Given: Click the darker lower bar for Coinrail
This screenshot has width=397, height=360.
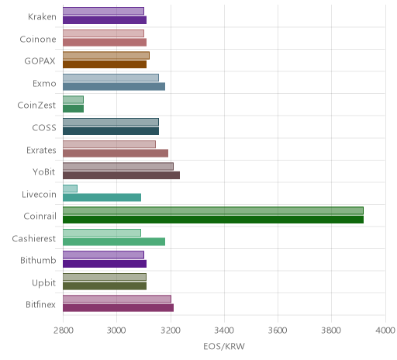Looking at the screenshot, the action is coord(213,220).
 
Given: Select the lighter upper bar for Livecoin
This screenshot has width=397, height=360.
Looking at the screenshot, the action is coord(70,189).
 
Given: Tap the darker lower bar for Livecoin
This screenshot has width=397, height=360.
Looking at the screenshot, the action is coord(102,198).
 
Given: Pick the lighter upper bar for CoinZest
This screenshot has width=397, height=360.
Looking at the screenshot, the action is coord(73,100).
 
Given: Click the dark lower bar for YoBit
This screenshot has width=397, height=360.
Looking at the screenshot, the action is coord(122,175).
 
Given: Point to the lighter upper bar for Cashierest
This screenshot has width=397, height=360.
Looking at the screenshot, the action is coord(102,233).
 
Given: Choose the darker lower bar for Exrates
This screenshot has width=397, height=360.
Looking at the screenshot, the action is coord(116,153).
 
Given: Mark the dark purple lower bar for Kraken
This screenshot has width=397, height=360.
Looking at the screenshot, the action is coord(105,20).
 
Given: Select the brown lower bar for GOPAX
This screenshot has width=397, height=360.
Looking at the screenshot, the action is coord(105,64).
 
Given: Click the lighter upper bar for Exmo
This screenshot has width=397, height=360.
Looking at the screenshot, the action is coord(111,78).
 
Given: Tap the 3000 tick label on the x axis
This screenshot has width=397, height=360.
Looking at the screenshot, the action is coord(116,331).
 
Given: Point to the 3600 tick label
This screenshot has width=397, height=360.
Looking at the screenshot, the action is coord(278,331).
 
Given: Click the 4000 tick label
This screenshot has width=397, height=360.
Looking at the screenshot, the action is coord(385,331).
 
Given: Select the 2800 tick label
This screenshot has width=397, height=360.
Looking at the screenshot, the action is coord(63,331).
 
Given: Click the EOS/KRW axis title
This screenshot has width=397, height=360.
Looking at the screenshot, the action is coord(224,346).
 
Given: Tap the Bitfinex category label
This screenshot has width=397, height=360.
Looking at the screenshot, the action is coord(40,305).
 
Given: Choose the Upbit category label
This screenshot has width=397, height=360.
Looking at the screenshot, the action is coord(43,282).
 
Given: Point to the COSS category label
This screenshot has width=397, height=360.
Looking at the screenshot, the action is coord(44,128).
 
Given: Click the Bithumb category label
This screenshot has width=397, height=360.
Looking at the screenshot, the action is coord(38,260).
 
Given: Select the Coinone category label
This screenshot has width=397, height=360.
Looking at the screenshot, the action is coord(38,40).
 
